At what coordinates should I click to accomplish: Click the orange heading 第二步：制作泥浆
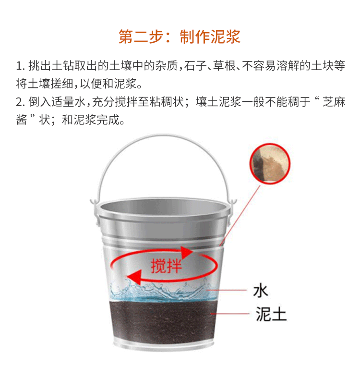pos(180,37)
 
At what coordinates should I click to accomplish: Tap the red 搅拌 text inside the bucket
pos(166,266)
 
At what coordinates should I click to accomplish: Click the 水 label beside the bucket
pos(260,291)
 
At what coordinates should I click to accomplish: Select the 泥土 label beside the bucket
pos(271,314)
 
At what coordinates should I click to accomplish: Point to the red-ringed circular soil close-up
pos(270,163)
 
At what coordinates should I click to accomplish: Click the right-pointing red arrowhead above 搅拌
pos(187,252)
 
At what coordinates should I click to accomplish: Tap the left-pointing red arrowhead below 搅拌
pos(134,277)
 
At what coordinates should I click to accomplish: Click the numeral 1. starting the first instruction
pos(21,66)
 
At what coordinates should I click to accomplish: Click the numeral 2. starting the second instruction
pos(21,102)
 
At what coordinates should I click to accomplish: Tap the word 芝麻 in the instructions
pos(334,102)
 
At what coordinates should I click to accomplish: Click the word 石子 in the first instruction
pos(195,66)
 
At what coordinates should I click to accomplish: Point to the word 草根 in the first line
pos(225,66)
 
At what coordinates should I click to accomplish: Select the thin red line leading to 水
pos(226,290)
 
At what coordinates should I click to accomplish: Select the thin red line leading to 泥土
pos(229,314)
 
